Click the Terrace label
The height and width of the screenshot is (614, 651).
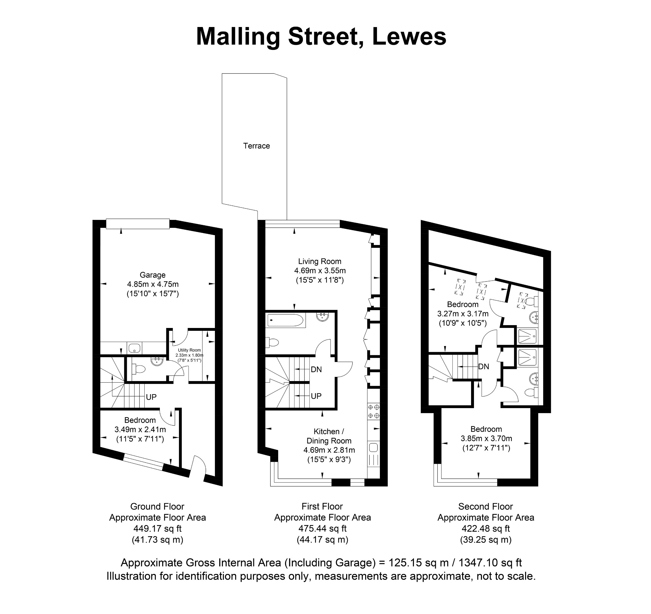point(257,146)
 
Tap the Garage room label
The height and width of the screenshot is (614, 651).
point(153,275)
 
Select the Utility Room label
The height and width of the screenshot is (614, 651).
point(189,350)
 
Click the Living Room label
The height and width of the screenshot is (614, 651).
point(319,261)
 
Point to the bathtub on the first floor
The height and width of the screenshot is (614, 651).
point(286,320)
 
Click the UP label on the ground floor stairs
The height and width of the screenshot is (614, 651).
point(151,397)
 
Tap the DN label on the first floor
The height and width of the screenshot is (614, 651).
point(316,370)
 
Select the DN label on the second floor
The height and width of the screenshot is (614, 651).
point(484,366)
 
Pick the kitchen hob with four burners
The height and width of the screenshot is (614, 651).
point(373,412)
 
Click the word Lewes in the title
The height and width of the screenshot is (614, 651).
point(409,36)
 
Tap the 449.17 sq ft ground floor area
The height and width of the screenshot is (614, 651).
point(158,529)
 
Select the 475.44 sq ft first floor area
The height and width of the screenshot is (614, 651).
point(323,529)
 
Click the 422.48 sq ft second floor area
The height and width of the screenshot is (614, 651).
point(486,529)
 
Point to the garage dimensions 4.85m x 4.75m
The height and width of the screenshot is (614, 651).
point(153,284)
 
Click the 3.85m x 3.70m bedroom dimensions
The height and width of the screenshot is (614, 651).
point(486,439)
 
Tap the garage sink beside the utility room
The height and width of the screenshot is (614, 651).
point(134,348)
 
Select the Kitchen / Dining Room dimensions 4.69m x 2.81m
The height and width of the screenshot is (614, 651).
point(329,450)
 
